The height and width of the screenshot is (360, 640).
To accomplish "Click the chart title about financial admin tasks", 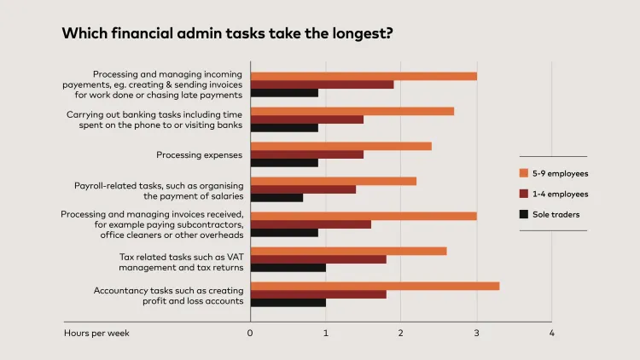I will [x=227, y=34].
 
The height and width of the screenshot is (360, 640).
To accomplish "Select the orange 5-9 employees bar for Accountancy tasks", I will [x=375, y=286].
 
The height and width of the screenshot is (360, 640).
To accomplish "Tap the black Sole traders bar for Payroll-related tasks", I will [x=276, y=198].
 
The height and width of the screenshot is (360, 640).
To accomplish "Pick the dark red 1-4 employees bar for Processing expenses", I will [x=306, y=154].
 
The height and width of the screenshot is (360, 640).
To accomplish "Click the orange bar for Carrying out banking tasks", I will [x=352, y=111].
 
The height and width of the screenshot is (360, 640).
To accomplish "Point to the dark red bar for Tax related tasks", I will [x=318, y=259].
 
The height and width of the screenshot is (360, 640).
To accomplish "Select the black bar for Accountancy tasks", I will [x=288, y=302].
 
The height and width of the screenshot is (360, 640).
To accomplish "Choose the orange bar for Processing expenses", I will [x=340, y=146].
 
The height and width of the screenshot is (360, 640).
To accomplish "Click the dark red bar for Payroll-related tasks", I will [x=303, y=189].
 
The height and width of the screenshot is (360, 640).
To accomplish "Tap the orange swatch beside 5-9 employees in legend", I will [x=525, y=173].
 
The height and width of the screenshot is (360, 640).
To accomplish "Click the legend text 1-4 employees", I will [x=560, y=194].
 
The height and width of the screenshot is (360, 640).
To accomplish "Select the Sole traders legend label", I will [x=556, y=214].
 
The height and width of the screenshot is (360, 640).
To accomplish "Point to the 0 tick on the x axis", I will [x=250, y=333].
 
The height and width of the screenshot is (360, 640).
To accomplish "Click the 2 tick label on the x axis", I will [x=401, y=333].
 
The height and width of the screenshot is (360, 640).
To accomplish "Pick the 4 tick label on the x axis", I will [x=552, y=333].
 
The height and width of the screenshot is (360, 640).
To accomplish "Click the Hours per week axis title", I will [x=96, y=333].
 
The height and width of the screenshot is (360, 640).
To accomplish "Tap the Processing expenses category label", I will [x=200, y=155].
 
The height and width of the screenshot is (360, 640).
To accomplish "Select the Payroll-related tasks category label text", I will [x=159, y=190].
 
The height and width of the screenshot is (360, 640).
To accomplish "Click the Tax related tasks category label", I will [x=181, y=261].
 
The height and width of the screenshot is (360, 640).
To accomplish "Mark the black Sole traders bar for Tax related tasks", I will [x=288, y=268].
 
